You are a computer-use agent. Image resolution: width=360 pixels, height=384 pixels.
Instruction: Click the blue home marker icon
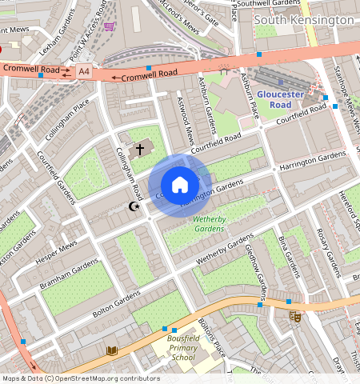tap(180, 185)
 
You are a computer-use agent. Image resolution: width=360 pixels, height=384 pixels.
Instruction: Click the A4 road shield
tap(84, 72)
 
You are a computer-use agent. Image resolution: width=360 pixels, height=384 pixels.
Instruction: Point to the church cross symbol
tap(140, 150)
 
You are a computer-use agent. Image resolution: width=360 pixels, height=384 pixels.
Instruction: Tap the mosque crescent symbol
tap(134, 207)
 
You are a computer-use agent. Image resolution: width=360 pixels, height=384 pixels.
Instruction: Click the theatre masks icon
tap(294, 317)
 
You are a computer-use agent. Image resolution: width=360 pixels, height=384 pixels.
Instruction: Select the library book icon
tap(112, 350)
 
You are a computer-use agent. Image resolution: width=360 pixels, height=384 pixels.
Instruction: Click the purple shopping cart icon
tap(109, 26)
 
